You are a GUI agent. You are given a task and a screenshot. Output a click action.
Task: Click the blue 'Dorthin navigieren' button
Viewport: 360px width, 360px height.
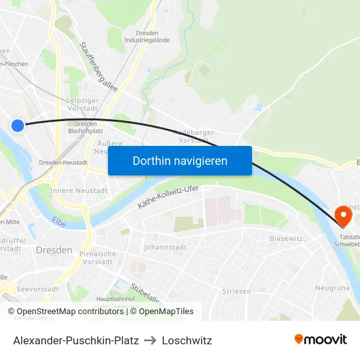180,161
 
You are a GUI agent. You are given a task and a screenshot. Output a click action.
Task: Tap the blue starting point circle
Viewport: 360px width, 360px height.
18,126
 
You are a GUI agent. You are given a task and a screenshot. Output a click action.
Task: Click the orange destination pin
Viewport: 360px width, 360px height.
342,215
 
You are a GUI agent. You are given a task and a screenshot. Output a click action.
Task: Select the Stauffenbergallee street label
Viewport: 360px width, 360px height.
98,67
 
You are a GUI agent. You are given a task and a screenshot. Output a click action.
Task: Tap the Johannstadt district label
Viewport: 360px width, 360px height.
166,247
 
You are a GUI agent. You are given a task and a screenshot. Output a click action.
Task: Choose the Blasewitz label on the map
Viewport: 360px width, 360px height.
286,238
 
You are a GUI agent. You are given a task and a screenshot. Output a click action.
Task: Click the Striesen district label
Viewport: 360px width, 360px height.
236,291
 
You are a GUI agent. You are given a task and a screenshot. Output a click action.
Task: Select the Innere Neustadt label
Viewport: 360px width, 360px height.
79,190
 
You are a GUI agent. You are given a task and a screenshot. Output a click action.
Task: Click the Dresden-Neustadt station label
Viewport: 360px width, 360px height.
63,162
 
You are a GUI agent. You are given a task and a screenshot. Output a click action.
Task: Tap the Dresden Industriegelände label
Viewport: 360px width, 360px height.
147,36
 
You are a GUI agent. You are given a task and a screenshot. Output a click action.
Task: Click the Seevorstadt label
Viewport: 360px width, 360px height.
34,289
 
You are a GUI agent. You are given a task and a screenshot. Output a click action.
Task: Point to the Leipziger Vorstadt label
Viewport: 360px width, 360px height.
82,104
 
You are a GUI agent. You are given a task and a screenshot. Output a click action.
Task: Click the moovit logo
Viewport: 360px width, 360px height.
320,339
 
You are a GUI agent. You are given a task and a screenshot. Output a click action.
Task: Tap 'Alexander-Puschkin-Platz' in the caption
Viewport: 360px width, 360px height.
76,340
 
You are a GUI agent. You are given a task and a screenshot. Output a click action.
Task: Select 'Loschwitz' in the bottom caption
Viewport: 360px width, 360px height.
188,340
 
